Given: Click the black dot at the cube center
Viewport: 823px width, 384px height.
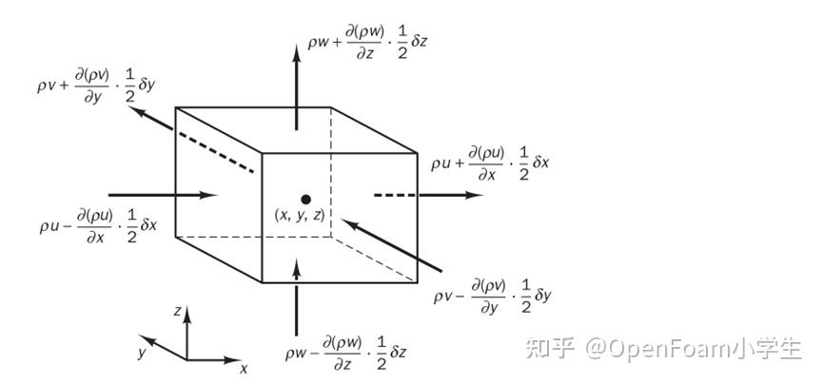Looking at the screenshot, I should [305, 200].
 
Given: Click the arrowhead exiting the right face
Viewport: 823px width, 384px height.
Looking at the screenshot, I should [473, 195].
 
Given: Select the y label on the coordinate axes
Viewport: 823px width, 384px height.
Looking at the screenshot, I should [140, 352].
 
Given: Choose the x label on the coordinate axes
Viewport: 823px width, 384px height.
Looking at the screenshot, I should [244, 367].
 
